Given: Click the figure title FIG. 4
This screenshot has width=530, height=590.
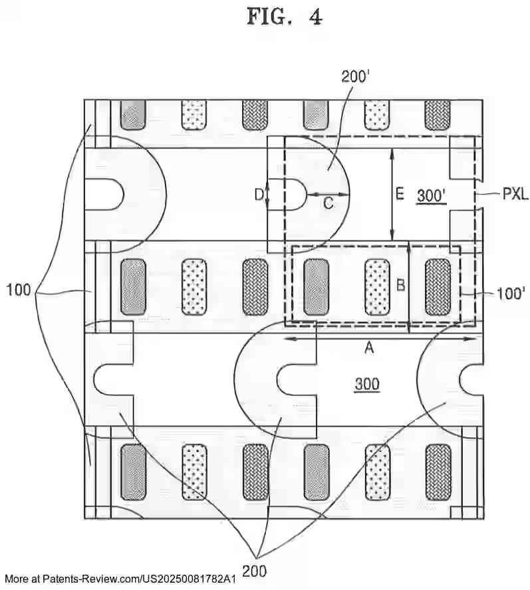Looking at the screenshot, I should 284,17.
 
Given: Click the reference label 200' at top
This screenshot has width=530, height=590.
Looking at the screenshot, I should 355,76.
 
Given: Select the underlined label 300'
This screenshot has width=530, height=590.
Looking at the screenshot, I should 430,195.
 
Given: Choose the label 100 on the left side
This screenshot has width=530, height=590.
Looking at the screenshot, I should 19,290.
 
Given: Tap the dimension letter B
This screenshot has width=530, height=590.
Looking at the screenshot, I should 400,285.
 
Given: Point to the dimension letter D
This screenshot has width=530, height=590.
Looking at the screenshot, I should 259,195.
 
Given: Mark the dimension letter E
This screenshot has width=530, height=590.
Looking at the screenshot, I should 399,194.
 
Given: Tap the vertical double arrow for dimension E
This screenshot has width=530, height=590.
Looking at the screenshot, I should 392,194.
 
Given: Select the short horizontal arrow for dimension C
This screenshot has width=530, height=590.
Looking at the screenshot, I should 328,194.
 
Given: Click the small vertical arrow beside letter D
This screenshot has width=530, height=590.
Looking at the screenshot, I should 267,194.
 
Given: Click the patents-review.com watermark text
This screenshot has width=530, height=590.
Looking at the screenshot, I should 120,579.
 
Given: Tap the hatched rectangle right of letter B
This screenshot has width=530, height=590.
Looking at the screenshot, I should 438,286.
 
